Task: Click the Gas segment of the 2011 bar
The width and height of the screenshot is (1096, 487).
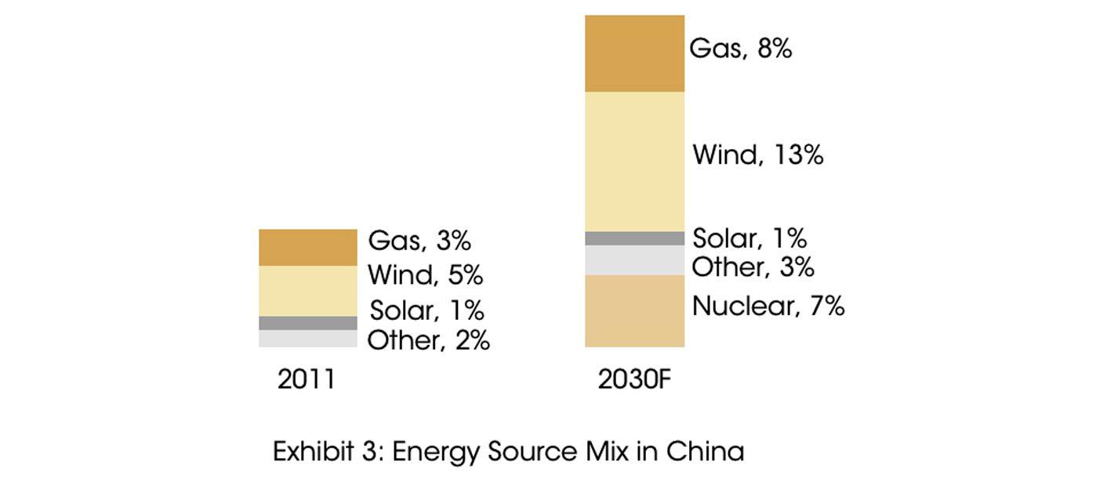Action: pyautogui.click(x=308, y=247)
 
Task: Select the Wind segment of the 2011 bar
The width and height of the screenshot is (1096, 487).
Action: pyautogui.click(x=308, y=290)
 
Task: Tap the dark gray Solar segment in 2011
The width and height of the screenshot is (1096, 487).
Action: pyautogui.click(x=308, y=323)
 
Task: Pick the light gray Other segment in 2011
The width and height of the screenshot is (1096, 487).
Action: pyautogui.click(x=308, y=338)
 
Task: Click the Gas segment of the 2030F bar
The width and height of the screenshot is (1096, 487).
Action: pyautogui.click(x=634, y=53)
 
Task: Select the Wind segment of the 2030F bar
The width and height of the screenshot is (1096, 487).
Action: pyautogui.click(x=634, y=162)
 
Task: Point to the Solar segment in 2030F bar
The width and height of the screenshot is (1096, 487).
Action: pyautogui.click(x=634, y=238)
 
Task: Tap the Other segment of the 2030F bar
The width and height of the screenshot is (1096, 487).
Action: pyautogui.click(x=634, y=260)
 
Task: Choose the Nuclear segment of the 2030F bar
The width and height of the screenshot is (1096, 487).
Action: pyautogui.click(x=634, y=311)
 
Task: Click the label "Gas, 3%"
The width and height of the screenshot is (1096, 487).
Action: pyautogui.click(x=419, y=241)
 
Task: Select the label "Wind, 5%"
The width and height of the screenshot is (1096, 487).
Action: pyautogui.click(x=425, y=275)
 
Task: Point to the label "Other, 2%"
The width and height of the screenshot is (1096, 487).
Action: pyautogui.click(x=428, y=340)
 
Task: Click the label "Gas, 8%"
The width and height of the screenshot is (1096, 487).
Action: pyautogui.click(x=740, y=49)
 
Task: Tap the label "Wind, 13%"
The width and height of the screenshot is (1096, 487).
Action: pyautogui.click(x=757, y=155)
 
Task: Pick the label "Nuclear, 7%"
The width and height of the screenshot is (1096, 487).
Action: pyautogui.click(x=768, y=306)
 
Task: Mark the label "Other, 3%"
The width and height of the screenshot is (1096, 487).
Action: pyautogui.click(x=753, y=267)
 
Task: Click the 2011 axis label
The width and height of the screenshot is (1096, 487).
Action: pyautogui.click(x=306, y=380)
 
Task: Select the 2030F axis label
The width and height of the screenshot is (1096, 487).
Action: pyautogui.click(x=635, y=380)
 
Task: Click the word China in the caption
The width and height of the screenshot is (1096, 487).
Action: pyautogui.click(x=705, y=452)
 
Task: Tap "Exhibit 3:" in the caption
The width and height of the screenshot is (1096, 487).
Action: pyautogui.click(x=328, y=452)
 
